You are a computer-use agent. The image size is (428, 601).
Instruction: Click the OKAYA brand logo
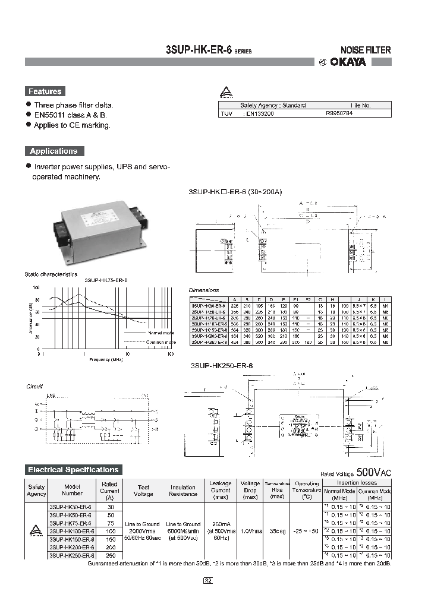click(355, 62)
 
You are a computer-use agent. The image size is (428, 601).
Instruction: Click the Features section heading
click(45, 91)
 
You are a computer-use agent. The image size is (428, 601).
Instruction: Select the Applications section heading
click(54, 151)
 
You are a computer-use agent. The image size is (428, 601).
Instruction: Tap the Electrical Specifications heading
click(73, 470)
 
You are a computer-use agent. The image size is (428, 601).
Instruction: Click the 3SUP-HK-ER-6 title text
click(199, 50)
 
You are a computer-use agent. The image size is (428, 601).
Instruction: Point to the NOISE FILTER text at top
click(365, 50)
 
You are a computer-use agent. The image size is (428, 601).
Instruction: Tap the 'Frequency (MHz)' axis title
click(106, 360)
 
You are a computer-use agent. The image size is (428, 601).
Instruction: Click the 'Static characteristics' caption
click(51, 274)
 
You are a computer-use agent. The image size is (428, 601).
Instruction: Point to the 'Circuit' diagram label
click(35, 386)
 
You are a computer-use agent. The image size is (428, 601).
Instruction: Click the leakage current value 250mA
click(221, 524)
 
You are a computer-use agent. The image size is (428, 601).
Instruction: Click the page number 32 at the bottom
click(208, 581)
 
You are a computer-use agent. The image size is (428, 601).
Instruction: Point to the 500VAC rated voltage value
click(373, 473)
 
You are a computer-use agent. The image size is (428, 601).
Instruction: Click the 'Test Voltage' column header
click(143, 491)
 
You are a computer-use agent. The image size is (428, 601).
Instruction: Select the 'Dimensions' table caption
click(204, 290)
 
